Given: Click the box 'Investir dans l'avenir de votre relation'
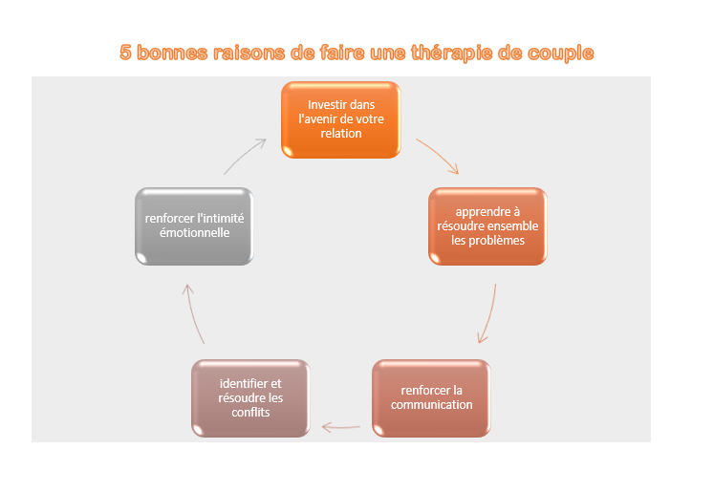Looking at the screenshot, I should (340, 119).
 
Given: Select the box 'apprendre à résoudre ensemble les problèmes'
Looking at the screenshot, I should (487, 225).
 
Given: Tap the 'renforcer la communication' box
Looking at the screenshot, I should (431, 397).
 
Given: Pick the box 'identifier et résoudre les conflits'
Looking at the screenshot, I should (250, 397).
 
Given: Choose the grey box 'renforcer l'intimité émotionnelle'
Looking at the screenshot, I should (194, 225).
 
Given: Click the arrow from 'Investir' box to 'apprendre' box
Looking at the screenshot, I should (440, 156).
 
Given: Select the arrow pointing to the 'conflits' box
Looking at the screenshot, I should (341, 426).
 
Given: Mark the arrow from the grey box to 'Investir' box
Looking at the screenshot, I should (246, 155).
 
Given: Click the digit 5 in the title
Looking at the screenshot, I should (125, 53).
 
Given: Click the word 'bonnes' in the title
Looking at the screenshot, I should (172, 53).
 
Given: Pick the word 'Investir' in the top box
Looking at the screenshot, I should (327, 104).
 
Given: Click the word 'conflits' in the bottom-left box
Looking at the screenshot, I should (250, 413).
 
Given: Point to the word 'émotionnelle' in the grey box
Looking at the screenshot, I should (194, 233).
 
